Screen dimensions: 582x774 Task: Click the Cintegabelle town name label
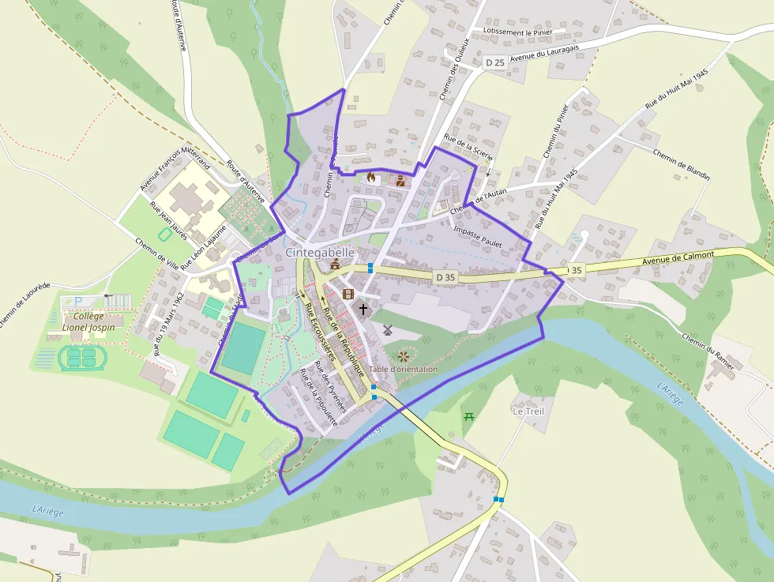click(x=320, y=252)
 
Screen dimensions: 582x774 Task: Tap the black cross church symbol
click(x=363, y=310)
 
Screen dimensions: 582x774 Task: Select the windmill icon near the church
click(x=387, y=330)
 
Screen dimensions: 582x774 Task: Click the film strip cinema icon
click(x=348, y=295)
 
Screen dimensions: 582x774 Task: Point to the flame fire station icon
click(x=370, y=177)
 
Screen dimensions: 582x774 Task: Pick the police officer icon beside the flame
click(x=400, y=180)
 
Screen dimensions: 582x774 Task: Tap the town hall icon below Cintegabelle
click(x=335, y=265)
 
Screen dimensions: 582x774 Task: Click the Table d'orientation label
click(x=403, y=369)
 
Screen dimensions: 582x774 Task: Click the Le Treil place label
click(x=528, y=411)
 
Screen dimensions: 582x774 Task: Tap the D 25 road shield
click(x=494, y=62)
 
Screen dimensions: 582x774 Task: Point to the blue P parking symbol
click(x=78, y=301)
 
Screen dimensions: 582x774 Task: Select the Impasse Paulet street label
click(x=479, y=236)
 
